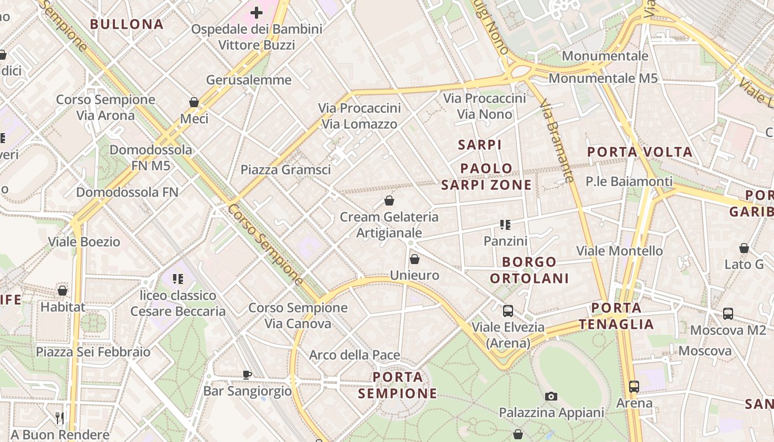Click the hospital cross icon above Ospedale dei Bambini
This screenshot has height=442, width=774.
257,12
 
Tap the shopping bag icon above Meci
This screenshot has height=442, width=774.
194,102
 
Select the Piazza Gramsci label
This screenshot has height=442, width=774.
285,170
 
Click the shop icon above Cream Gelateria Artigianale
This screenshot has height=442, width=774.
389,201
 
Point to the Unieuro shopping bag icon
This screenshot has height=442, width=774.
415,259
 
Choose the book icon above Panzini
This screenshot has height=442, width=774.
505,225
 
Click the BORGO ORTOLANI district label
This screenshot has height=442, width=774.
529,270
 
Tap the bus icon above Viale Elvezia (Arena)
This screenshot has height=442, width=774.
508,311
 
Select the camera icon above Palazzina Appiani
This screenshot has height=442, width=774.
551,396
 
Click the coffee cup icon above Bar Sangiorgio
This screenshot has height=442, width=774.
247,375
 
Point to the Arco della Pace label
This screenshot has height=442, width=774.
354,355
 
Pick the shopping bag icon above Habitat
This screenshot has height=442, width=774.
62,291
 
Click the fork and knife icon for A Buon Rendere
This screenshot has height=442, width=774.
60,417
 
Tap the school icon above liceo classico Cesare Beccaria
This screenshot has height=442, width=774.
177,279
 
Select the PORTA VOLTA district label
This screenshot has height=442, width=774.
640,152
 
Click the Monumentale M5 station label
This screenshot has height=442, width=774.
603,78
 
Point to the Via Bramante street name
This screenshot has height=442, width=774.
557,140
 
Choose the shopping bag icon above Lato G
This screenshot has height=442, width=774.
744,248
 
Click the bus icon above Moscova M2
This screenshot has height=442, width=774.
728,314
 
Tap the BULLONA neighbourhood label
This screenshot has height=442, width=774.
127,24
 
